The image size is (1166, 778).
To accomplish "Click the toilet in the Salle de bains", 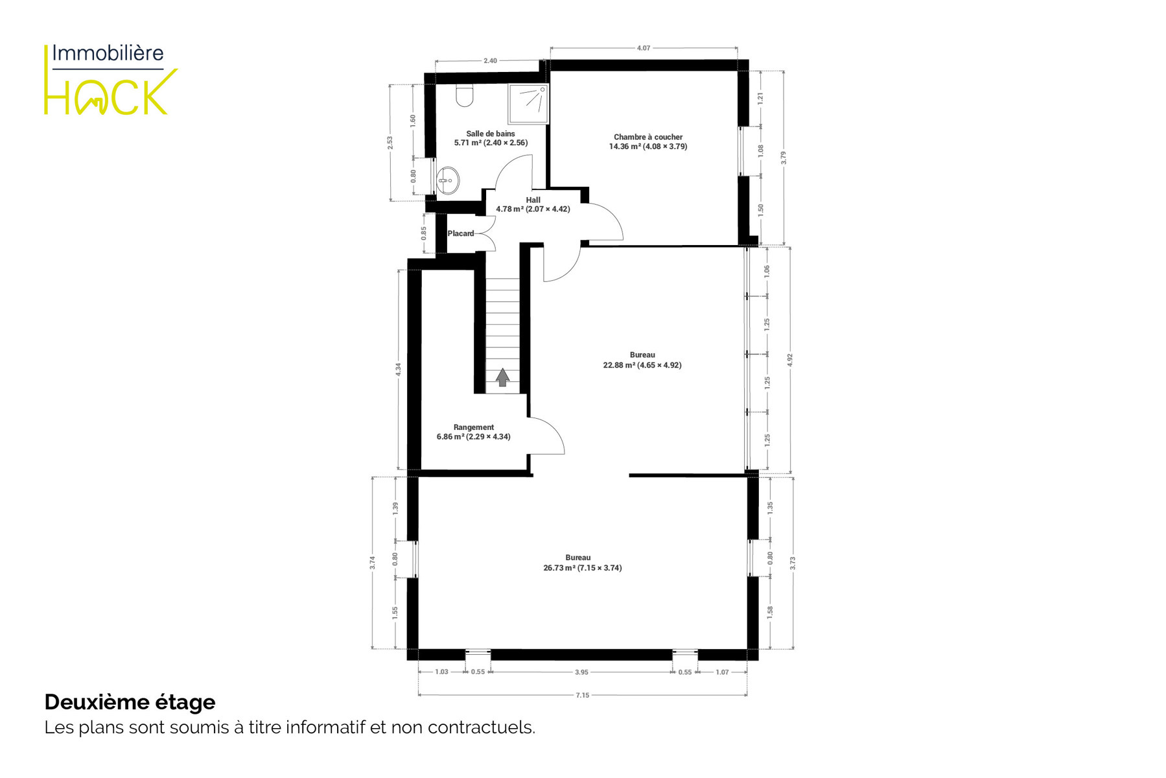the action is pyautogui.click(x=465, y=95).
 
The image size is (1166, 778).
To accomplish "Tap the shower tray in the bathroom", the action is pyautogui.click(x=528, y=104).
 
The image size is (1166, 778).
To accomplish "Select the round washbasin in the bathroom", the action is pyautogui.click(x=447, y=181).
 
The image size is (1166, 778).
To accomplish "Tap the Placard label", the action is pyautogui.click(x=461, y=233).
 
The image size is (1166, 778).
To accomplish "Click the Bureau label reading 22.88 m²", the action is pyautogui.click(x=642, y=360).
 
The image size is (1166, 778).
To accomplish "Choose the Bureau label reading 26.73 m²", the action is pyautogui.click(x=582, y=563).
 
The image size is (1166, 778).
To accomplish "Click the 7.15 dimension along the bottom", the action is pyautogui.click(x=583, y=695).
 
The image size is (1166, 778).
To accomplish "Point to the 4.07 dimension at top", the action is pyautogui.click(x=644, y=48).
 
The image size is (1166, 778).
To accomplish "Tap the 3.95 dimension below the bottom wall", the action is pyautogui.click(x=581, y=672).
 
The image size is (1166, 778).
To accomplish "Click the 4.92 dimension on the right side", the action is pyautogui.click(x=789, y=360).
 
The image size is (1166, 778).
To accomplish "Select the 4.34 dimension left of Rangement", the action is pyautogui.click(x=398, y=370).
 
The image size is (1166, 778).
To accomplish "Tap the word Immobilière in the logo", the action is pyautogui.click(x=108, y=53).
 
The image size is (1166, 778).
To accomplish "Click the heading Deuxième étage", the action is pyautogui.click(x=130, y=702).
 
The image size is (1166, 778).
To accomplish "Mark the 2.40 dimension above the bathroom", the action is pyautogui.click(x=490, y=61).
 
